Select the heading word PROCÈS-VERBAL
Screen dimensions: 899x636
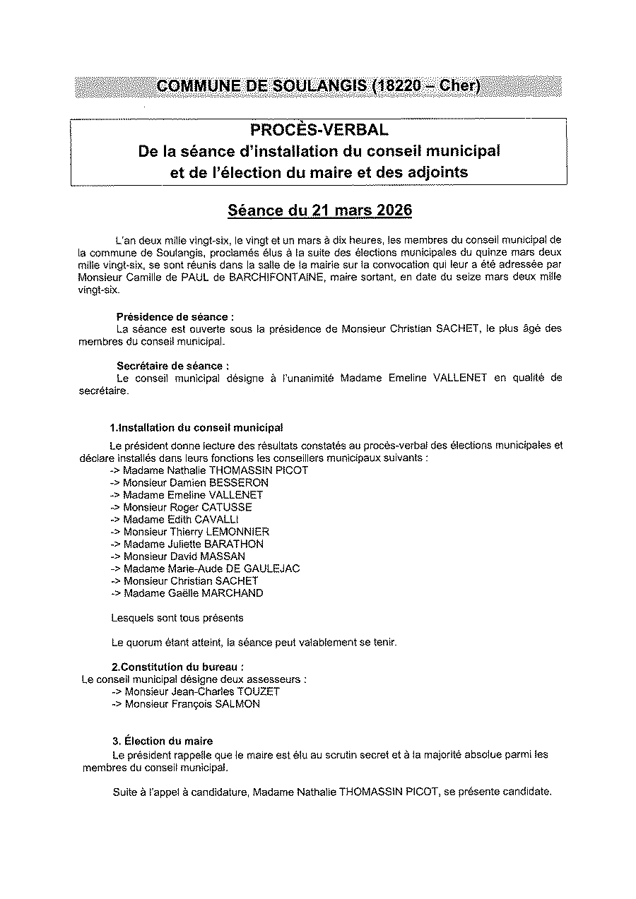(x=319, y=130)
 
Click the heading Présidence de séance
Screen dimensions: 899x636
(x=175, y=317)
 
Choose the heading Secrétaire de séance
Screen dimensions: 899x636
(x=172, y=366)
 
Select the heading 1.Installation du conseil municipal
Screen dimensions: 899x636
(x=197, y=428)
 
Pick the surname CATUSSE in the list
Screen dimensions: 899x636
(x=226, y=507)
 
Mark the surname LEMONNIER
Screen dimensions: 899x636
(x=240, y=531)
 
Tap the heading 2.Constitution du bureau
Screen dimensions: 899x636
(x=178, y=667)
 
